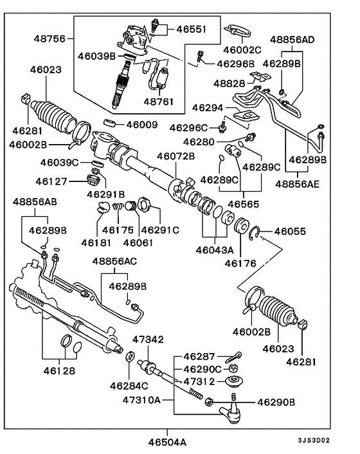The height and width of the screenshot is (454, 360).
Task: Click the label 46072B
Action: coord(175,156)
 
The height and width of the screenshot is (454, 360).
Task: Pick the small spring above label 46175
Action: coord(116,207)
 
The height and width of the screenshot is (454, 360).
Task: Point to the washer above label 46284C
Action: coord(129,357)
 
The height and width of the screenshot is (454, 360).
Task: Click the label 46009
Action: coord(141,124)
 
